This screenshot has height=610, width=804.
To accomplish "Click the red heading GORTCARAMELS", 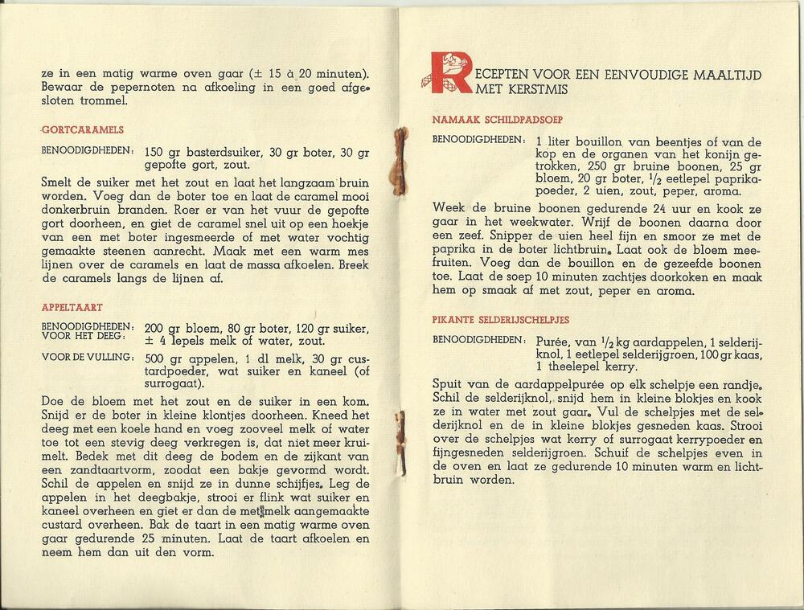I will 77,129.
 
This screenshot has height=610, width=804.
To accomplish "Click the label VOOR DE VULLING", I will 88,357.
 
